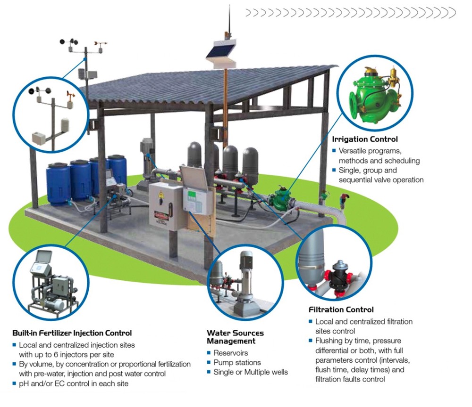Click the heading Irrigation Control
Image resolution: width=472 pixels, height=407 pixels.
365,139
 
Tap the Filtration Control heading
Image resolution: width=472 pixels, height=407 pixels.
341,309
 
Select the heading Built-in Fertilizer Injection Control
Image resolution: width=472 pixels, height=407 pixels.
72,333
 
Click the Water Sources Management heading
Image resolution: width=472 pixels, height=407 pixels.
235,337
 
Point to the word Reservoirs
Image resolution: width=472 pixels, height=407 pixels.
231,353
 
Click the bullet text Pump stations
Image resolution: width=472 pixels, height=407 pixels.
237,363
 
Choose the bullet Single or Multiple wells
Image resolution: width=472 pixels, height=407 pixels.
251,372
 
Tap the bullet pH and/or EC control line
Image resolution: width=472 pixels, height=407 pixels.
74,383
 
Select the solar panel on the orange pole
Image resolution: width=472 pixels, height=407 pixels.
221,51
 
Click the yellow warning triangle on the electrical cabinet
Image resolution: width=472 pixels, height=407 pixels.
161,195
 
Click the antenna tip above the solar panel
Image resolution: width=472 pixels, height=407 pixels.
230,5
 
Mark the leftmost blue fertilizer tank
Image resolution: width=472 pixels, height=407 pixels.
59,184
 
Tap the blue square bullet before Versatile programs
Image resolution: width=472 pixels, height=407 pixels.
334,150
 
